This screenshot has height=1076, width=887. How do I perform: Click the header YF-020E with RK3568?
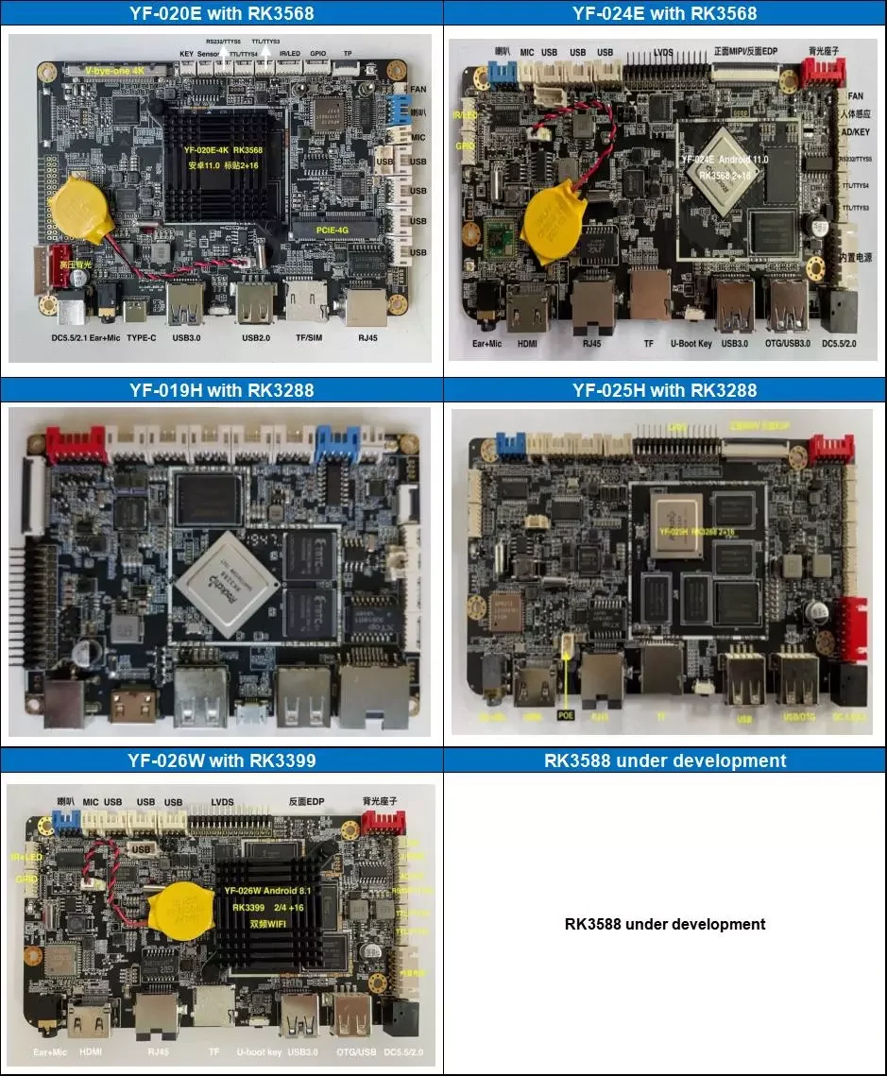pos(221,13)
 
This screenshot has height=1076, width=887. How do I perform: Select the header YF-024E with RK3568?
pos(664,13)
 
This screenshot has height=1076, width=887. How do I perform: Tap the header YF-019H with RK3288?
pos(221,390)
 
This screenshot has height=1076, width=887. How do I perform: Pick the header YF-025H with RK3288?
pos(664,390)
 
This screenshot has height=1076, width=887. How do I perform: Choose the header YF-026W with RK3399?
pos(221,760)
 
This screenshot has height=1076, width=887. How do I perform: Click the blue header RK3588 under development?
pos(664,760)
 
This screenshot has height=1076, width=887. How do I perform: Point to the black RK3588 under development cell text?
pos(664,924)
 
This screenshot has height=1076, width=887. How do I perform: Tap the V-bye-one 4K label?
pos(116,71)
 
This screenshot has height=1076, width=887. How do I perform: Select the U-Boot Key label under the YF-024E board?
pos(691,344)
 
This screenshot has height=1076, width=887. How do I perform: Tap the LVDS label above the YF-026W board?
pos(229,801)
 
